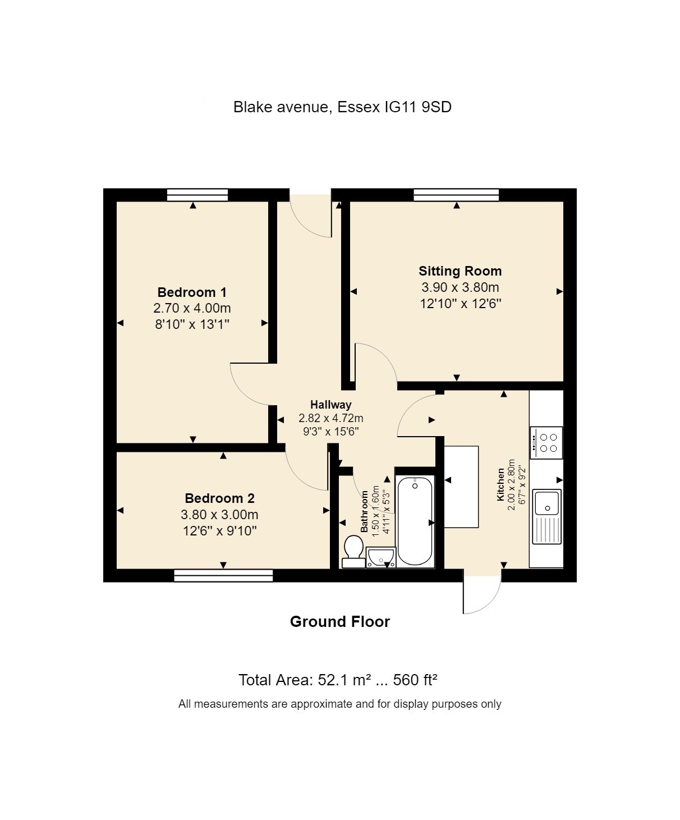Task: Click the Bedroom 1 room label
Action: coord(192,292)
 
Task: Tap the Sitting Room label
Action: coord(460,271)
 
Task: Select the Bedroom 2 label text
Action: coord(219,498)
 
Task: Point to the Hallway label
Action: coord(331,405)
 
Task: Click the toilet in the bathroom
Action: coord(353,551)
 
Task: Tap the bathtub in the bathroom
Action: coord(415,521)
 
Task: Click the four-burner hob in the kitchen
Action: coord(546,443)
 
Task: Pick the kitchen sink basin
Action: coord(547,502)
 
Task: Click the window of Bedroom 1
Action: coord(197,195)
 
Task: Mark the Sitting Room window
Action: coord(456,195)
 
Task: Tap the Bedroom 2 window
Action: coord(223,575)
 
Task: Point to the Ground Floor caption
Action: coord(339,622)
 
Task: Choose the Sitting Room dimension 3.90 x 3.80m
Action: coord(460,288)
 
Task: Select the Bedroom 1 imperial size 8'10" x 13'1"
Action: coord(192,324)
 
